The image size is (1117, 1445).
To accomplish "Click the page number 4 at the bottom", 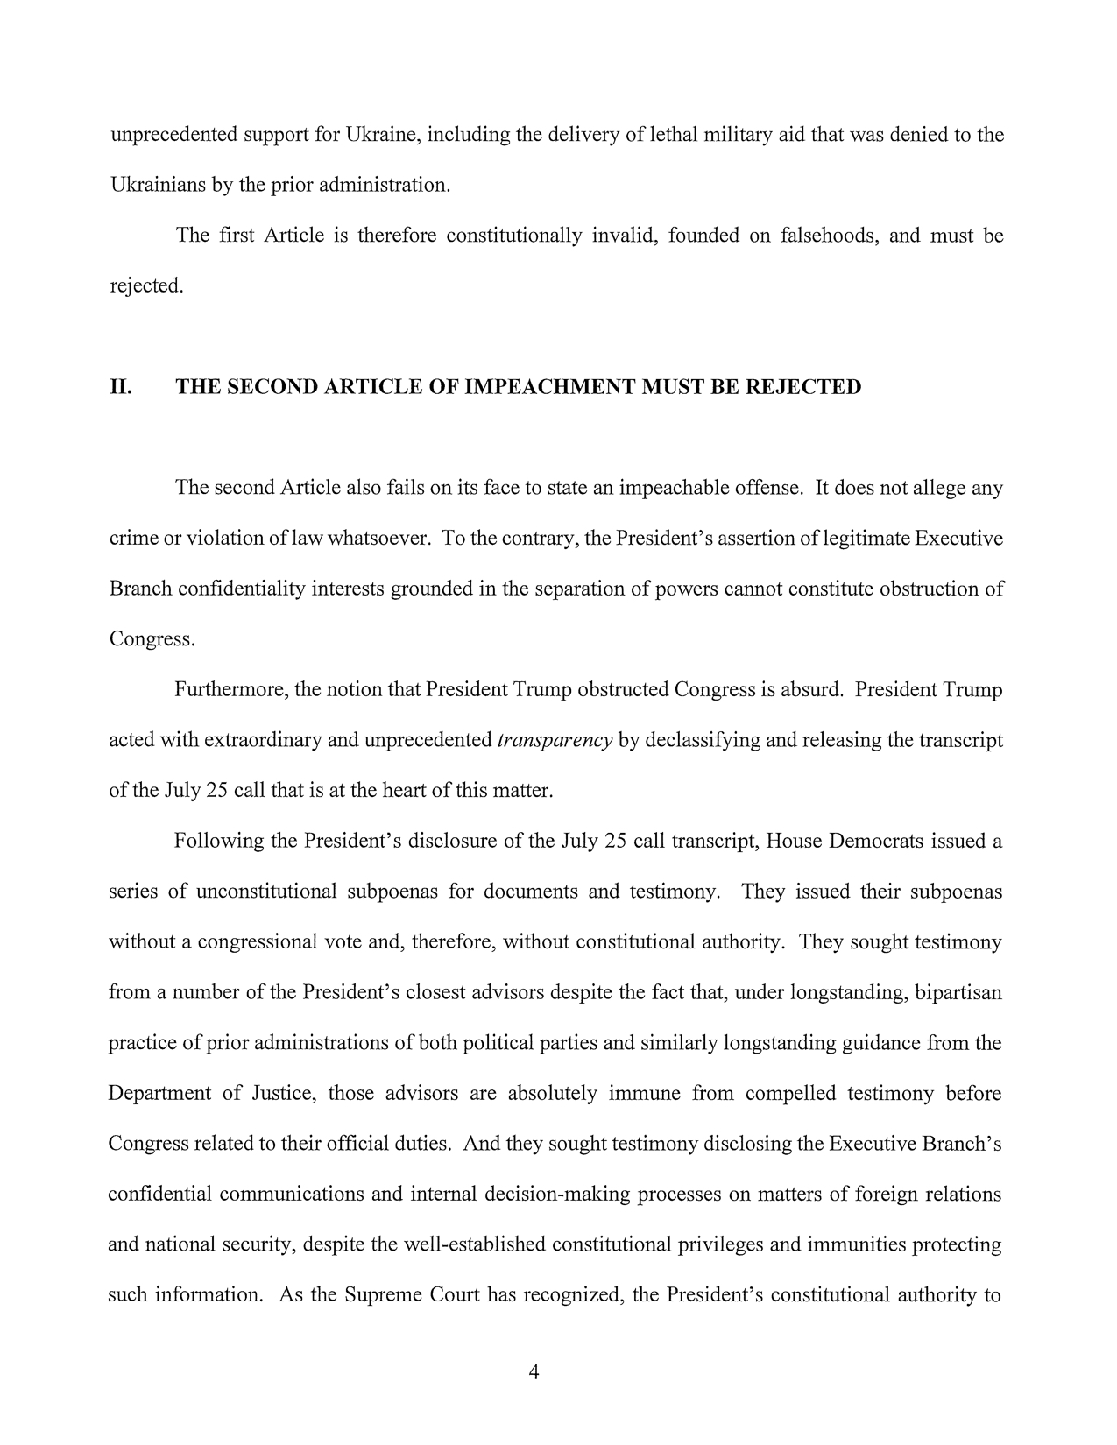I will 534,1372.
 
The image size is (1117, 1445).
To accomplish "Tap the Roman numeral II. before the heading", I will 120,387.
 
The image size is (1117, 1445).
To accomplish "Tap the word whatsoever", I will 378,539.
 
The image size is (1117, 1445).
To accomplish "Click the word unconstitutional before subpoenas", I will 266,892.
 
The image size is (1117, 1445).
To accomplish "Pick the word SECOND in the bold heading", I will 272,387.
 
